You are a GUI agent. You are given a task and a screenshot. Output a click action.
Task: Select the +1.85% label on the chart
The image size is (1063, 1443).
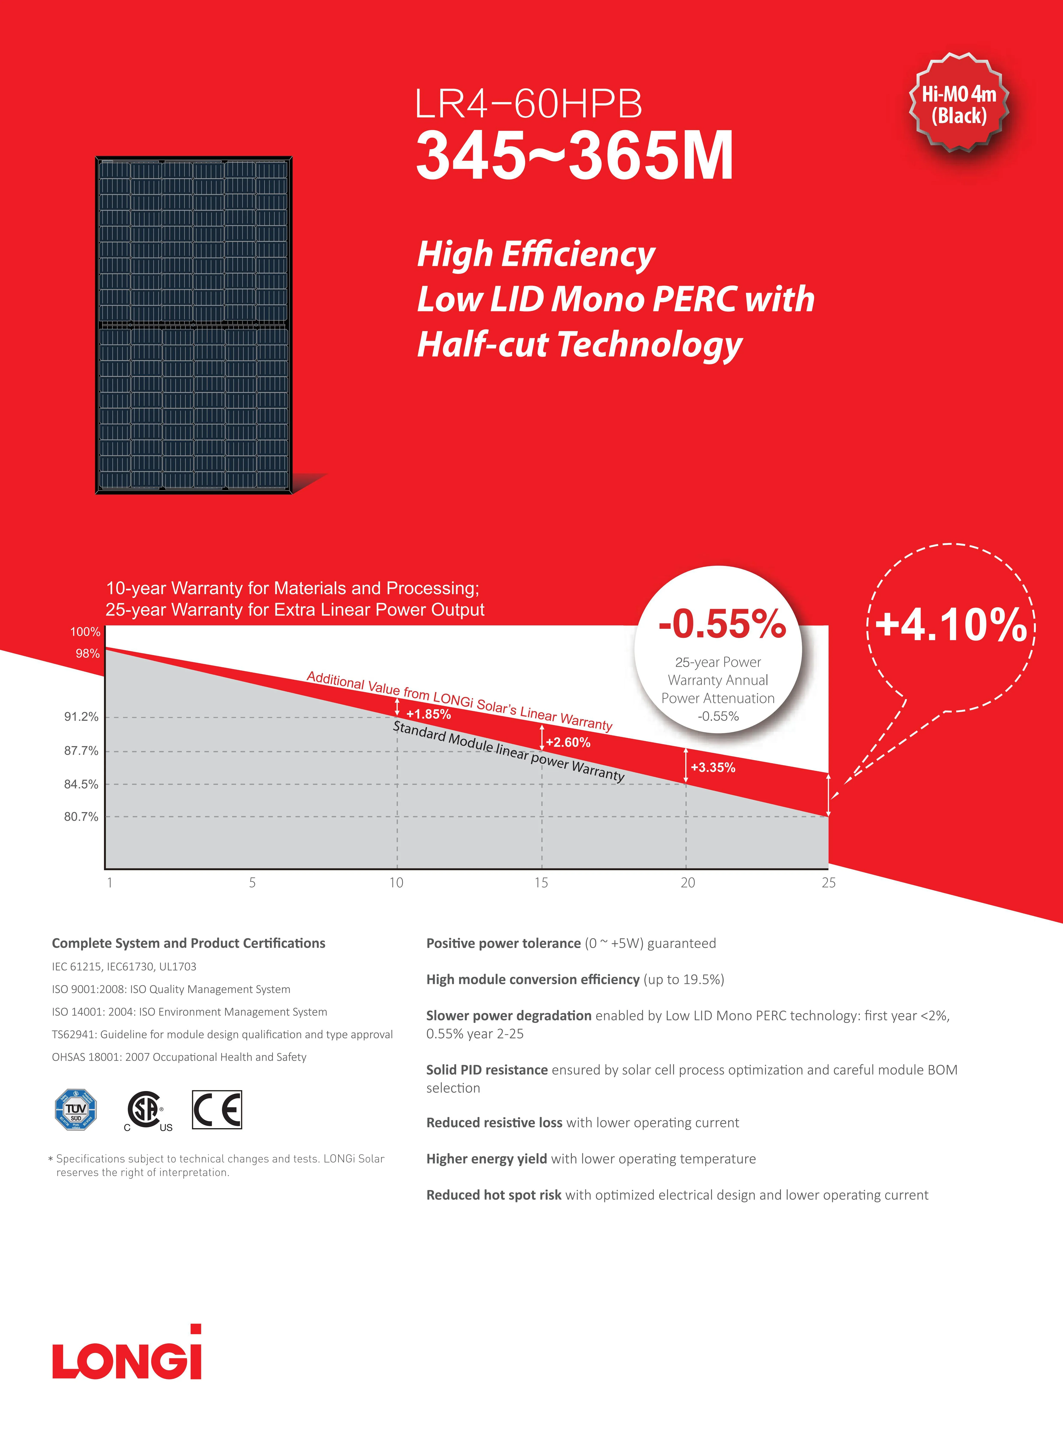pos(428,714)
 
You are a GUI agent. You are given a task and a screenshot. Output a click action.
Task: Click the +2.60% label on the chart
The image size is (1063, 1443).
pos(568,742)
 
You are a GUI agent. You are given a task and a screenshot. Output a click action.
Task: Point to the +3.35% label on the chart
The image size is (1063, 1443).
pos(712,767)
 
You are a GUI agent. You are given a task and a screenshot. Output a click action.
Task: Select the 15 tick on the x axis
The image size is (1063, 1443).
pos(541,882)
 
